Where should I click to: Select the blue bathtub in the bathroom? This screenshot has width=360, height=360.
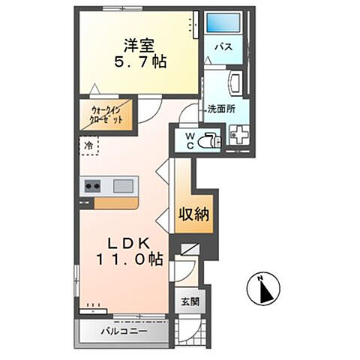tap(222, 23)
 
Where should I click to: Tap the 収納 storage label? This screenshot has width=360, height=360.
tap(193, 214)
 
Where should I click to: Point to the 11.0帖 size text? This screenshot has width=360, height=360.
tap(127, 259)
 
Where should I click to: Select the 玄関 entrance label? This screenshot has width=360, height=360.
tap(189, 302)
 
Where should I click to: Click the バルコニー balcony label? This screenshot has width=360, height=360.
tap(124, 331)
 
